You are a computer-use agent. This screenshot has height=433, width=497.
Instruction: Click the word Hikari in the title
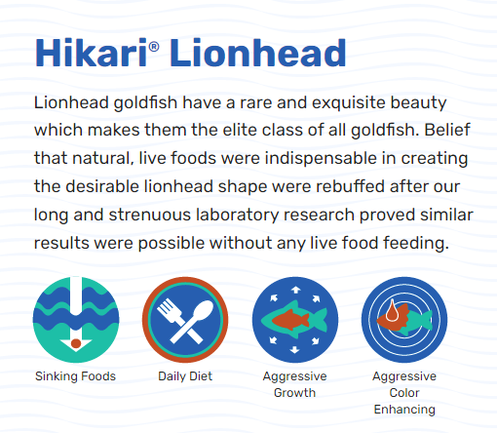point(92,53)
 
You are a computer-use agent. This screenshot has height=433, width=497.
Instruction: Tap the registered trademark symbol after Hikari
point(154,47)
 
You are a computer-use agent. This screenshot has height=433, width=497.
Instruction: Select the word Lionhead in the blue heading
point(258,53)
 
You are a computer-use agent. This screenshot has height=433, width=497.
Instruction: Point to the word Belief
point(447,130)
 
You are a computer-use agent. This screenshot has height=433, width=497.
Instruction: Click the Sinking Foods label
point(75,376)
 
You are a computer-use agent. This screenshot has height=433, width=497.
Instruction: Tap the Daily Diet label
point(185,376)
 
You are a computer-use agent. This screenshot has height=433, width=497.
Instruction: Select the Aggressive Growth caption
point(294,384)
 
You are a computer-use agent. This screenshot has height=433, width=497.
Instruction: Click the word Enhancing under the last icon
point(404,410)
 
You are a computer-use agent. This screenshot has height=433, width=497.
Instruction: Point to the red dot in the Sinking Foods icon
point(76,343)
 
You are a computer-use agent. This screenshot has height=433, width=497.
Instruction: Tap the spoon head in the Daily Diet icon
point(204,310)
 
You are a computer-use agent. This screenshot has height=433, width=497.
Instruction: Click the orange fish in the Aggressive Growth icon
point(290,320)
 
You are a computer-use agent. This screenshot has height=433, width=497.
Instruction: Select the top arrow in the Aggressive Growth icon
point(295,290)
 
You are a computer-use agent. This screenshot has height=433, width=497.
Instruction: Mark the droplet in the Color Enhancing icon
point(392,311)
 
